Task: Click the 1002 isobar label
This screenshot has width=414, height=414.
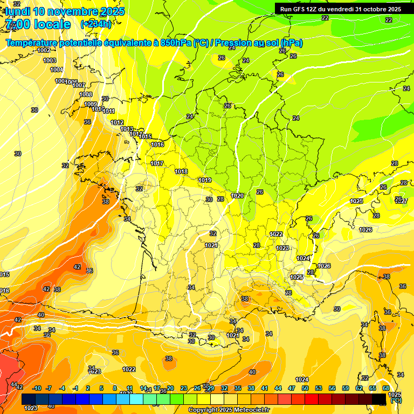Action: point(44,50)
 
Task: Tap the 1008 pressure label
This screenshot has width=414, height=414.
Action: point(86,94)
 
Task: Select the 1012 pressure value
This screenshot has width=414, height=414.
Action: point(117,122)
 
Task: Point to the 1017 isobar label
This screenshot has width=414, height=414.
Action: point(157,163)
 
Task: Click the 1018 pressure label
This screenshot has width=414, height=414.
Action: point(181,171)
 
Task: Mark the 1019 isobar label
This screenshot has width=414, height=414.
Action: point(205,180)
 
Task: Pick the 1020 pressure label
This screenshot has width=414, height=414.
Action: point(237,196)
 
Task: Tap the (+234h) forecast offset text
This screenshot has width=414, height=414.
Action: point(96,24)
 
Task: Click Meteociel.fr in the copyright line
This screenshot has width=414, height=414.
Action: point(250,410)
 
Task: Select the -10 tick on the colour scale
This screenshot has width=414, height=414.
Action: point(37,388)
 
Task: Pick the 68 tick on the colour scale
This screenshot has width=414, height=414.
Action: point(386,388)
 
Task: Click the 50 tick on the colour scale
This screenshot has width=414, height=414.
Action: point(305,388)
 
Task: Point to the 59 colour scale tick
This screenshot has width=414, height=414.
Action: point(346,388)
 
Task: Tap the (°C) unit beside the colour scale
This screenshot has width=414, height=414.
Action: point(396,400)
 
